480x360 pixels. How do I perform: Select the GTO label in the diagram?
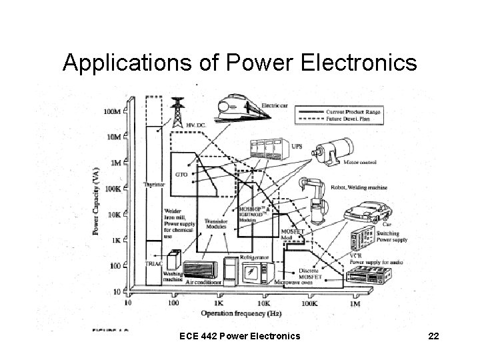181,174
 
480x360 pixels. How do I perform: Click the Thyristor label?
154,184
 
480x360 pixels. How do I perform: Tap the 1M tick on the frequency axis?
355,303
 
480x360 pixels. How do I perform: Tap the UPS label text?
298,147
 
